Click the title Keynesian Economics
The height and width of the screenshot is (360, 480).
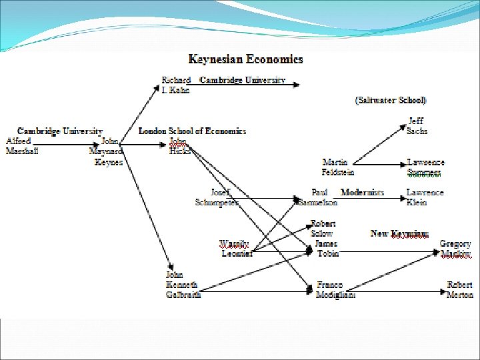[245, 59]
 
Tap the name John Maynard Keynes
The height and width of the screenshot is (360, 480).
[107, 151]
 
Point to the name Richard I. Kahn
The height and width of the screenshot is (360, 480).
[177, 85]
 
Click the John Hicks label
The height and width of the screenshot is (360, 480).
[179, 146]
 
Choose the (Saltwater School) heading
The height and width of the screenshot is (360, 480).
[391, 100]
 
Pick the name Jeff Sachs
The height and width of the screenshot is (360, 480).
[417, 127]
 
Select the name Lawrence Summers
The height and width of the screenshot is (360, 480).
[425, 167]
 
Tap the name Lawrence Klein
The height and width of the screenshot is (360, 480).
[425, 197]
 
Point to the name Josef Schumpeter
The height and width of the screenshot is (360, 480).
[216, 197]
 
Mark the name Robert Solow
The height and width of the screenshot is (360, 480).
[323, 229]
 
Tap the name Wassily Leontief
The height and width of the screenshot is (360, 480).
[237, 248]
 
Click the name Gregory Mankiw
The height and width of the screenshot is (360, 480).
[455, 249]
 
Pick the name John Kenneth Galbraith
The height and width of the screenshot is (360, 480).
[183, 285]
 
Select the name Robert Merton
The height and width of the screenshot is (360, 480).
[460, 289]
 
